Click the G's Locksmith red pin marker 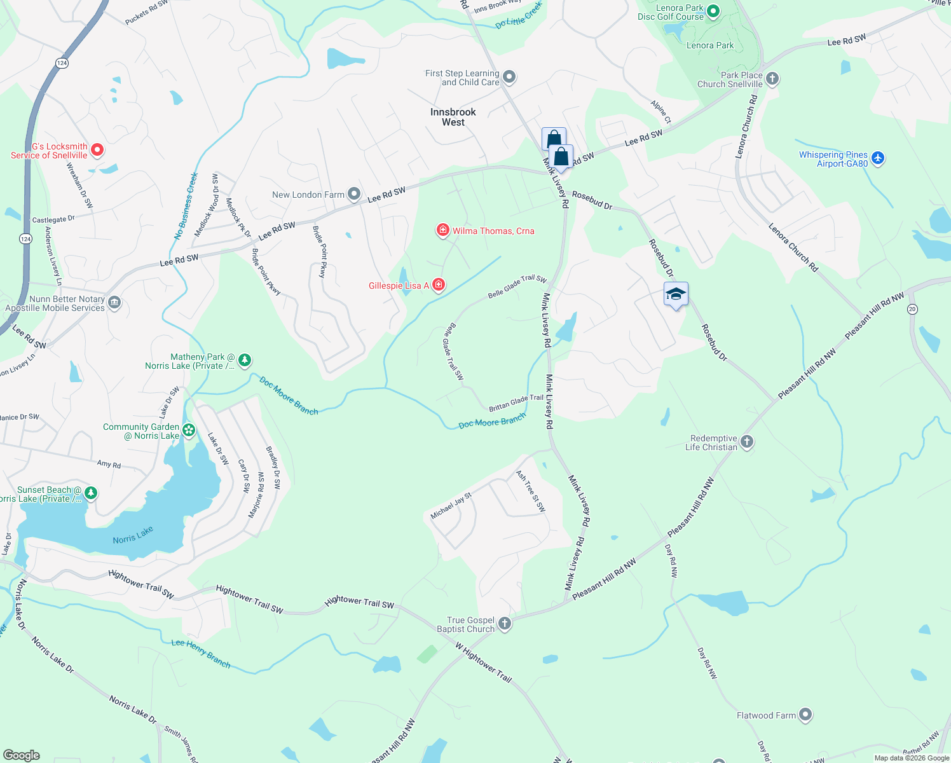(x=97, y=150)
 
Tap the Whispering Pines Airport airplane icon (x=877, y=158)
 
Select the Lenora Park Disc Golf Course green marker (x=713, y=11)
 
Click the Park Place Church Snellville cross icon (x=772, y=79)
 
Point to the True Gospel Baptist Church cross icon (x=505, y=624)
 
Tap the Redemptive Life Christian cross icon (x=747, y=442)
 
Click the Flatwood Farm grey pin (x=805, y=715)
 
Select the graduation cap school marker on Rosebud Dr (x=675, y=294)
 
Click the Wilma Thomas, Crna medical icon (x=442, y=230)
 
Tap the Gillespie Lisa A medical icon (x=438, y=285)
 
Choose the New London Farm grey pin (x=354, y=194)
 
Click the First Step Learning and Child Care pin (x=509, y=78)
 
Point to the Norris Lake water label (x=133, y=535)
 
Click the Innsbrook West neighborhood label (x=453, y=117)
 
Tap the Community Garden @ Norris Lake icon (x=189, y=430)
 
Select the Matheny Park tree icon (x=244, y=361)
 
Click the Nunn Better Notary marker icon (x=114, y=303)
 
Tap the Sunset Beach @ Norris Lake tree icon (x=91, y=493)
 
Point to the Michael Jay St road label (x=451, y=505)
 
